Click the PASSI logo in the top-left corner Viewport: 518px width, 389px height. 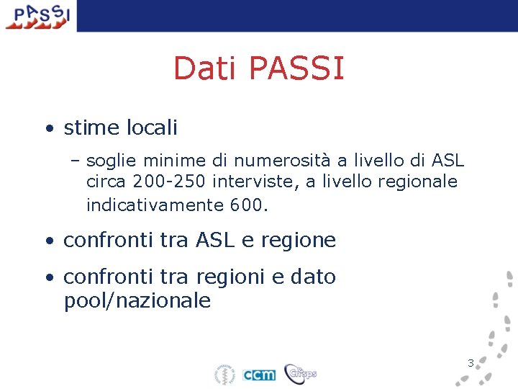click(x=38, y=16)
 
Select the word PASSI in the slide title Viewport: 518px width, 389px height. click(x=296, y=68)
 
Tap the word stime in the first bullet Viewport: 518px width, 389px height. click(x=91, y=128)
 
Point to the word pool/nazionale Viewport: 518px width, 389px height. click(x=137, y=300)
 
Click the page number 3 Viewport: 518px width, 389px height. click(x=471, y=363)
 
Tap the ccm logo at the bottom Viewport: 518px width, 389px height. click(x=259, y=375)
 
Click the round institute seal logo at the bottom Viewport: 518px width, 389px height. click(x=225, y=375)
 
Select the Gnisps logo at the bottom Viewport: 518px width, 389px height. click(x=300, y=373)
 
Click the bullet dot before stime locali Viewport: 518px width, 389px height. click(x=47, y=129)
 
